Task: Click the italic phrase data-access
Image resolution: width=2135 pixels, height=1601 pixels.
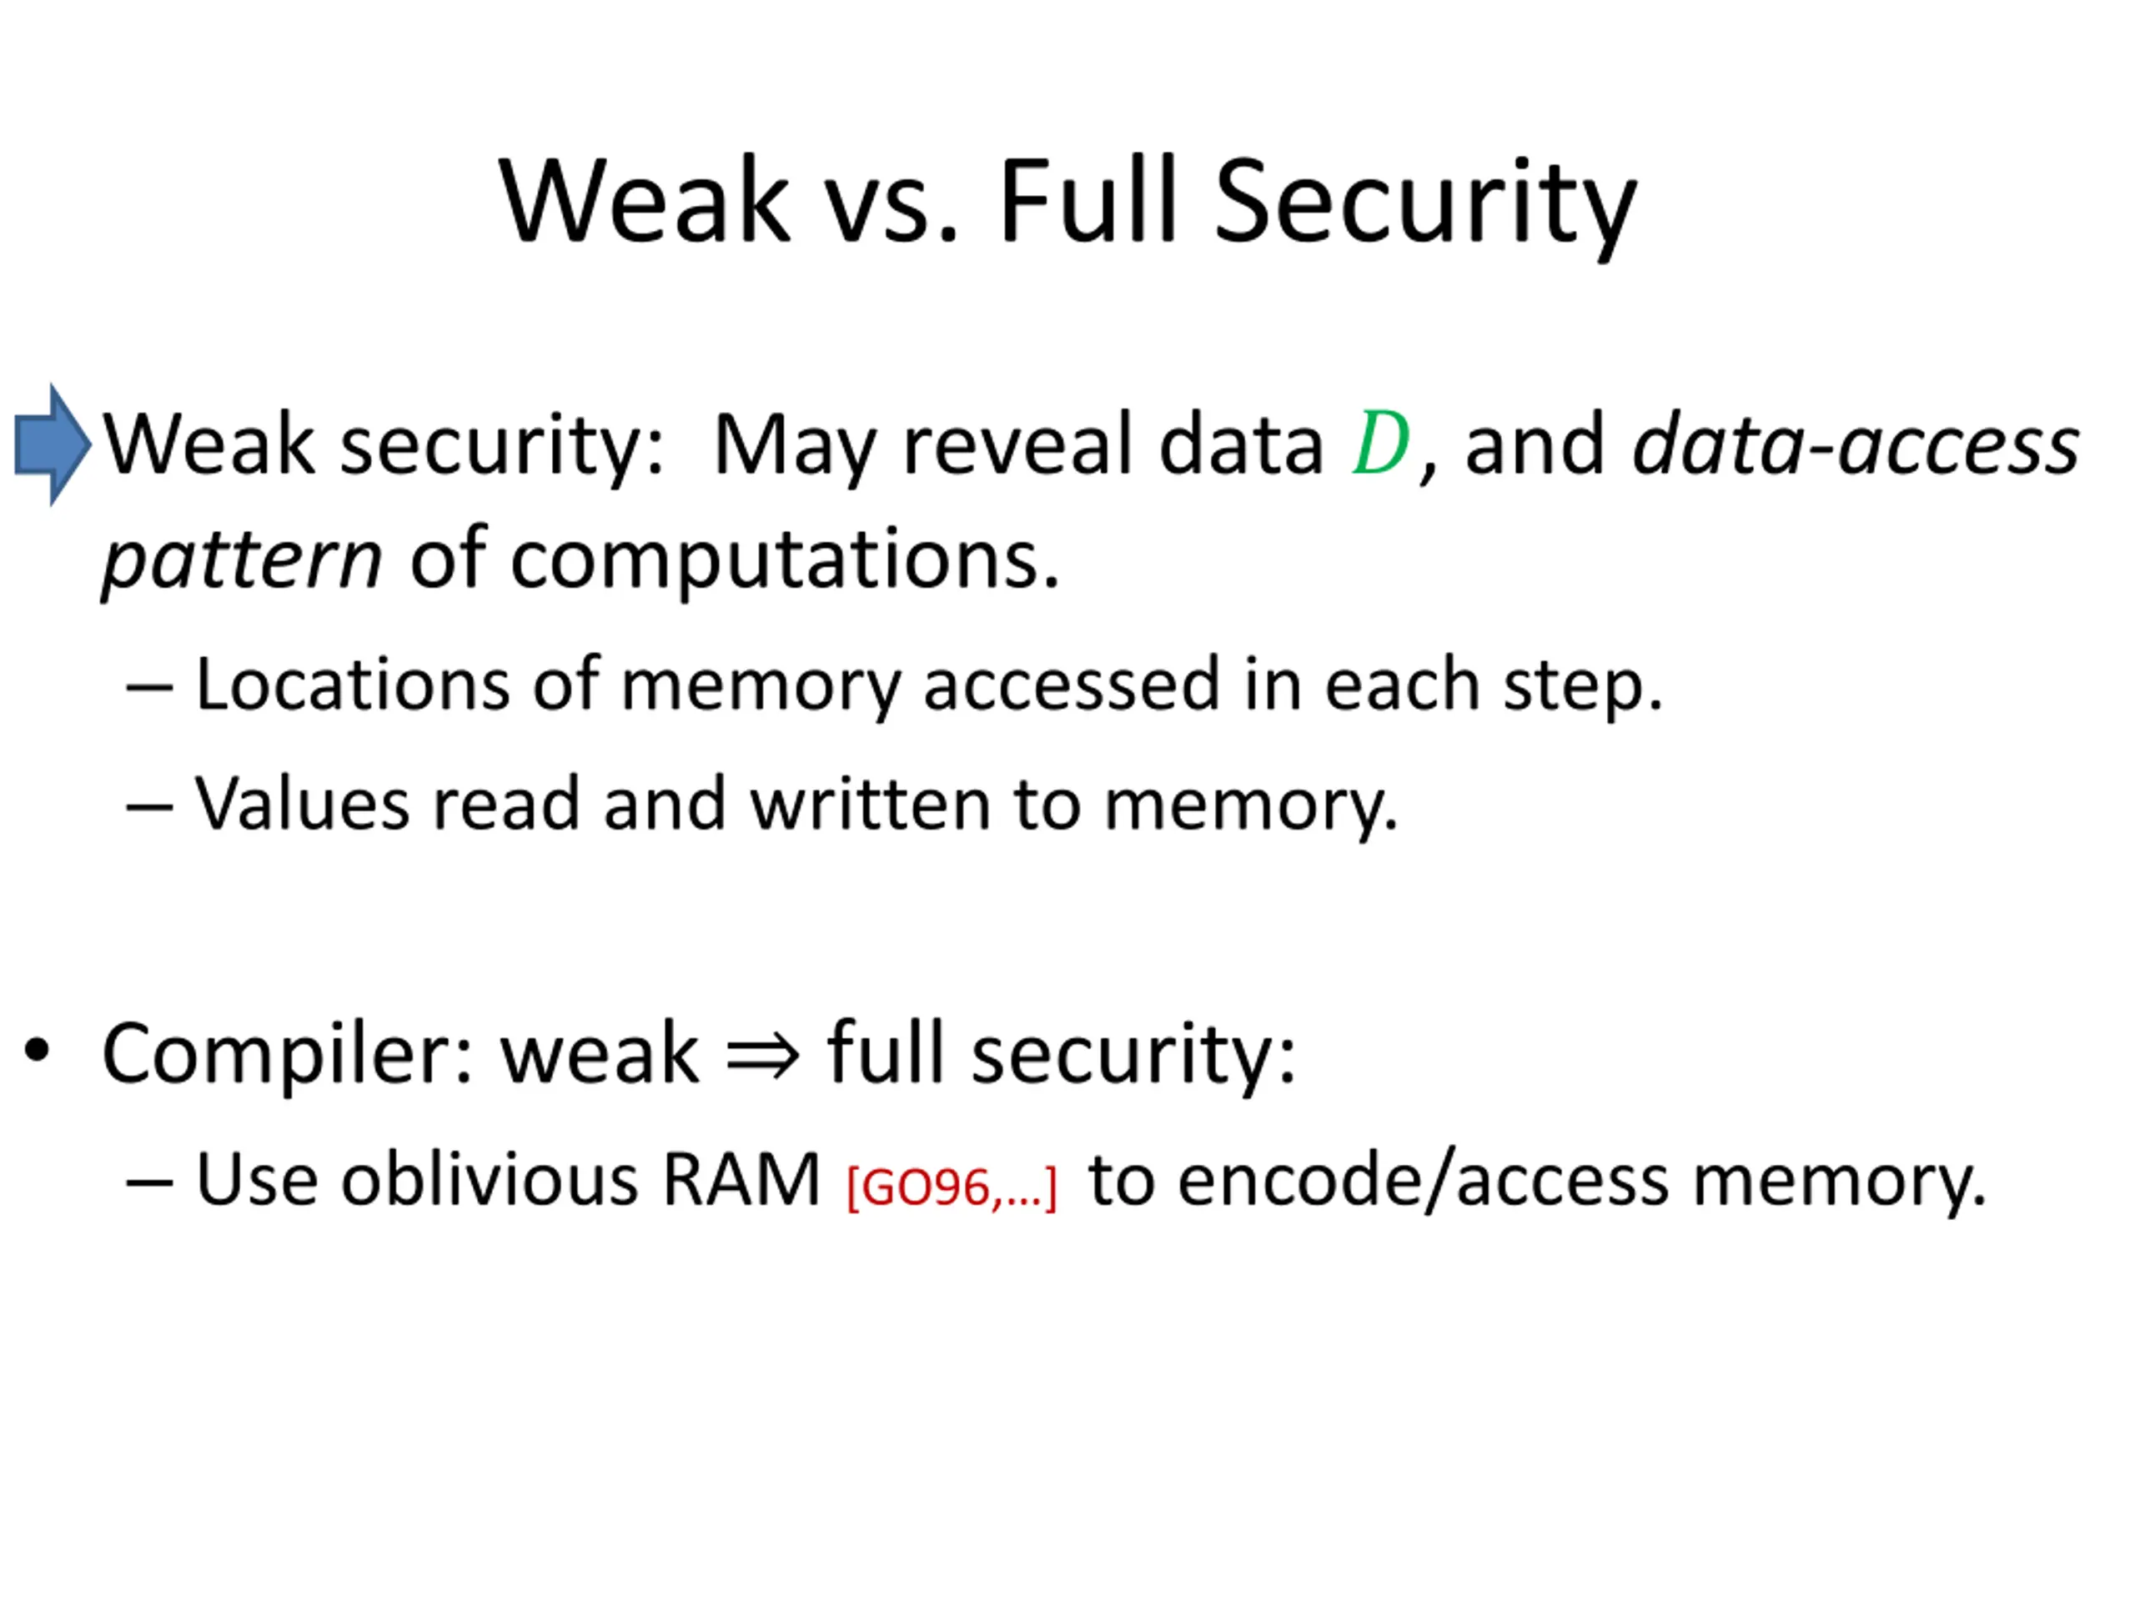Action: coord(1854,446)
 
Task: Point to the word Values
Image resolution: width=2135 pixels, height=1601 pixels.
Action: coord(301,803)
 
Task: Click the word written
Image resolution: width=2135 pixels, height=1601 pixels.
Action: coord(870,803)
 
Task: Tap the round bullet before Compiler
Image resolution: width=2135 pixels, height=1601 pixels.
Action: coord(37,1051)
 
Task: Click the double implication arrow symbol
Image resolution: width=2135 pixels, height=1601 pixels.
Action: coord(762,1055)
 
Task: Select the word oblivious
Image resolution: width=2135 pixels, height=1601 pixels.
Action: coord(489,1179)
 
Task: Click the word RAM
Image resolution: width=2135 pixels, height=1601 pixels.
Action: coord(741,1179)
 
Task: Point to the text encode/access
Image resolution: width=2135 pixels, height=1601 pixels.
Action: coord(1424,1179)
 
